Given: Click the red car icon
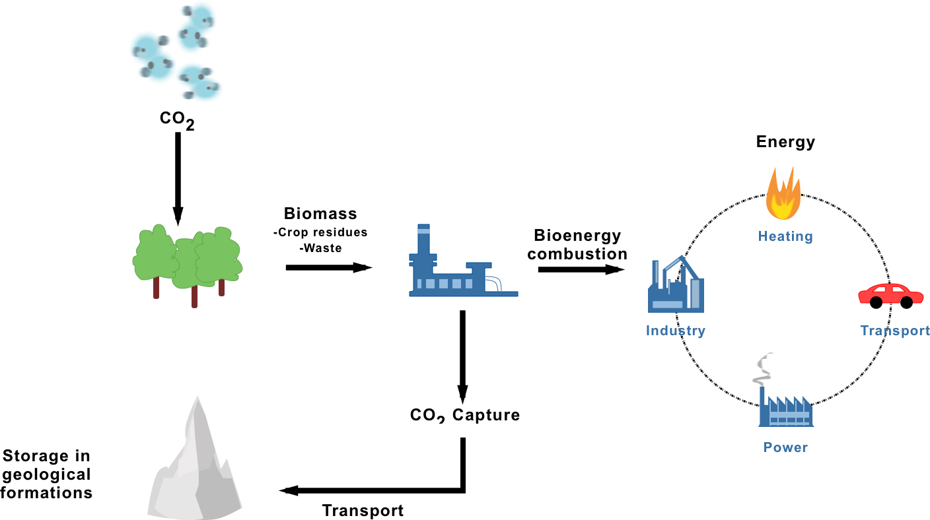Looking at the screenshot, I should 890,295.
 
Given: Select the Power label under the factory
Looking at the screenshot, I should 785,447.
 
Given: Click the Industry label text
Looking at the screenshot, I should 675,331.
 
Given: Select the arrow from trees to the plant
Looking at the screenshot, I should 327,267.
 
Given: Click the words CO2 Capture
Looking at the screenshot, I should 464,415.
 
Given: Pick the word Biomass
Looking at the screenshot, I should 320,214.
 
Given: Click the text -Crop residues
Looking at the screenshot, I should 320,233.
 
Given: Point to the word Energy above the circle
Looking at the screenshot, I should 785,142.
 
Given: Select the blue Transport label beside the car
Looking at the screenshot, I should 894,331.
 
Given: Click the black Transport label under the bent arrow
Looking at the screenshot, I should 363,510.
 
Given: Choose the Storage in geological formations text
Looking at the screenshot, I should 46,474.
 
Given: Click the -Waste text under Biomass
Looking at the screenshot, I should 320,248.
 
